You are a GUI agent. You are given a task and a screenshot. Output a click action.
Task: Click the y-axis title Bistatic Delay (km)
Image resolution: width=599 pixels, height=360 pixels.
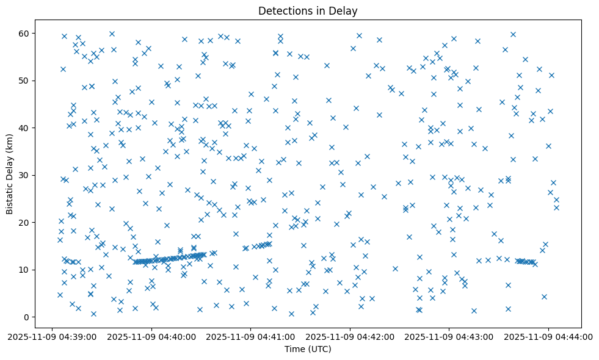[10, 165]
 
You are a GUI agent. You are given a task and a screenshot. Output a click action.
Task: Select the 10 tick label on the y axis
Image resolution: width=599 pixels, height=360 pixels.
[25, 270]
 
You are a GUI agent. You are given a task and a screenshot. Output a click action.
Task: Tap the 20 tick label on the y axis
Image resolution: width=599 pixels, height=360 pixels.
[25, 223]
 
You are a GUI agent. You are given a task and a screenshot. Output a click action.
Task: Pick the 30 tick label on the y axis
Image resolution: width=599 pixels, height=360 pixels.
[25, 175]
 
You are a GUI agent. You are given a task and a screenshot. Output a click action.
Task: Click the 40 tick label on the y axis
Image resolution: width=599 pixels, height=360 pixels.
[25, 128]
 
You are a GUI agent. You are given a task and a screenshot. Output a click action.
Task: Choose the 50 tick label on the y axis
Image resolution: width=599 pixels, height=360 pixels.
[25, 81]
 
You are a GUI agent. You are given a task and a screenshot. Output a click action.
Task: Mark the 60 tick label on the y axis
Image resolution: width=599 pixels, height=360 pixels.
[25, 33]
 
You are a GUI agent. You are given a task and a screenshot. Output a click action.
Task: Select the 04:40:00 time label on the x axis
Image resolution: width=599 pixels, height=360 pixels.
[152, 336]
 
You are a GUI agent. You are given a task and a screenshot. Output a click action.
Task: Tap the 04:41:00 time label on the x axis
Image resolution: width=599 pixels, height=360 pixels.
[251, 336]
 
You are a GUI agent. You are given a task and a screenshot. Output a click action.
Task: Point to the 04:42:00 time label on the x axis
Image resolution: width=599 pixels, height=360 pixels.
[350, 336]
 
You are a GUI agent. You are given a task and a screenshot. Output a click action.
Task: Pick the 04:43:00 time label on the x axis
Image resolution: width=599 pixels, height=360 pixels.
[449, 336]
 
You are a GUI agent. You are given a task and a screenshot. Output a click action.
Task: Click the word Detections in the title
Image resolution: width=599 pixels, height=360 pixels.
[285, 11]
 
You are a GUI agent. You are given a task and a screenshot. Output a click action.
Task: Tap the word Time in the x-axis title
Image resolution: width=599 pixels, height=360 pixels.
[295, 349]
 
